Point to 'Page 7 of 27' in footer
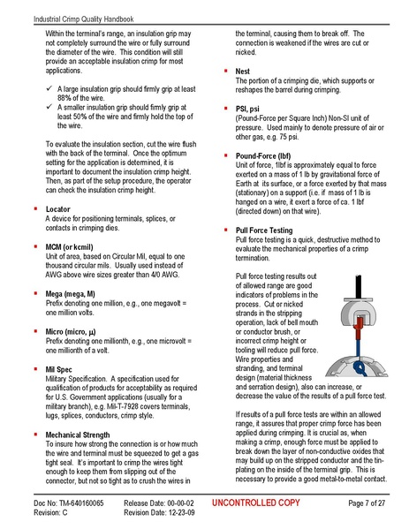[x=362, y=502]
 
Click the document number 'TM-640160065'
[x=80, y=502]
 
